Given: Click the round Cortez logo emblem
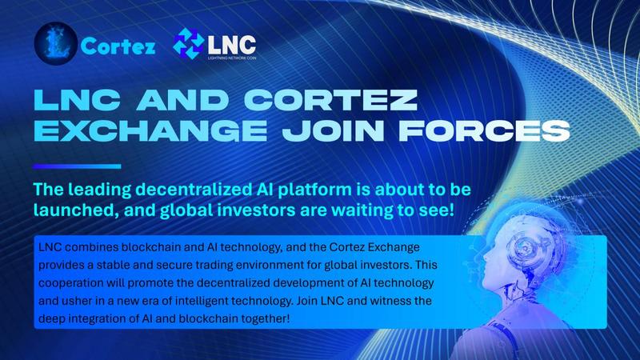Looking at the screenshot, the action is tap(56, 43).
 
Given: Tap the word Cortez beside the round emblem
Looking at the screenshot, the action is tap(118, 46).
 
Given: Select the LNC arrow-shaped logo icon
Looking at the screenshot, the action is tap(189, 43).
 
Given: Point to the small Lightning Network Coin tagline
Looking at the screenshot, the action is tap(232, 58).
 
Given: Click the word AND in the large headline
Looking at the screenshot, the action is tap(183, 99).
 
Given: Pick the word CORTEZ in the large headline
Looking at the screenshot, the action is tap(332, 99).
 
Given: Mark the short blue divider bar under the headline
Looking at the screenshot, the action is tap(77, 166).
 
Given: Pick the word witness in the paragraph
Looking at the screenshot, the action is tap(394, 301).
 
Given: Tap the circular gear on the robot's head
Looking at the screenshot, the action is tap(524, 246).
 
